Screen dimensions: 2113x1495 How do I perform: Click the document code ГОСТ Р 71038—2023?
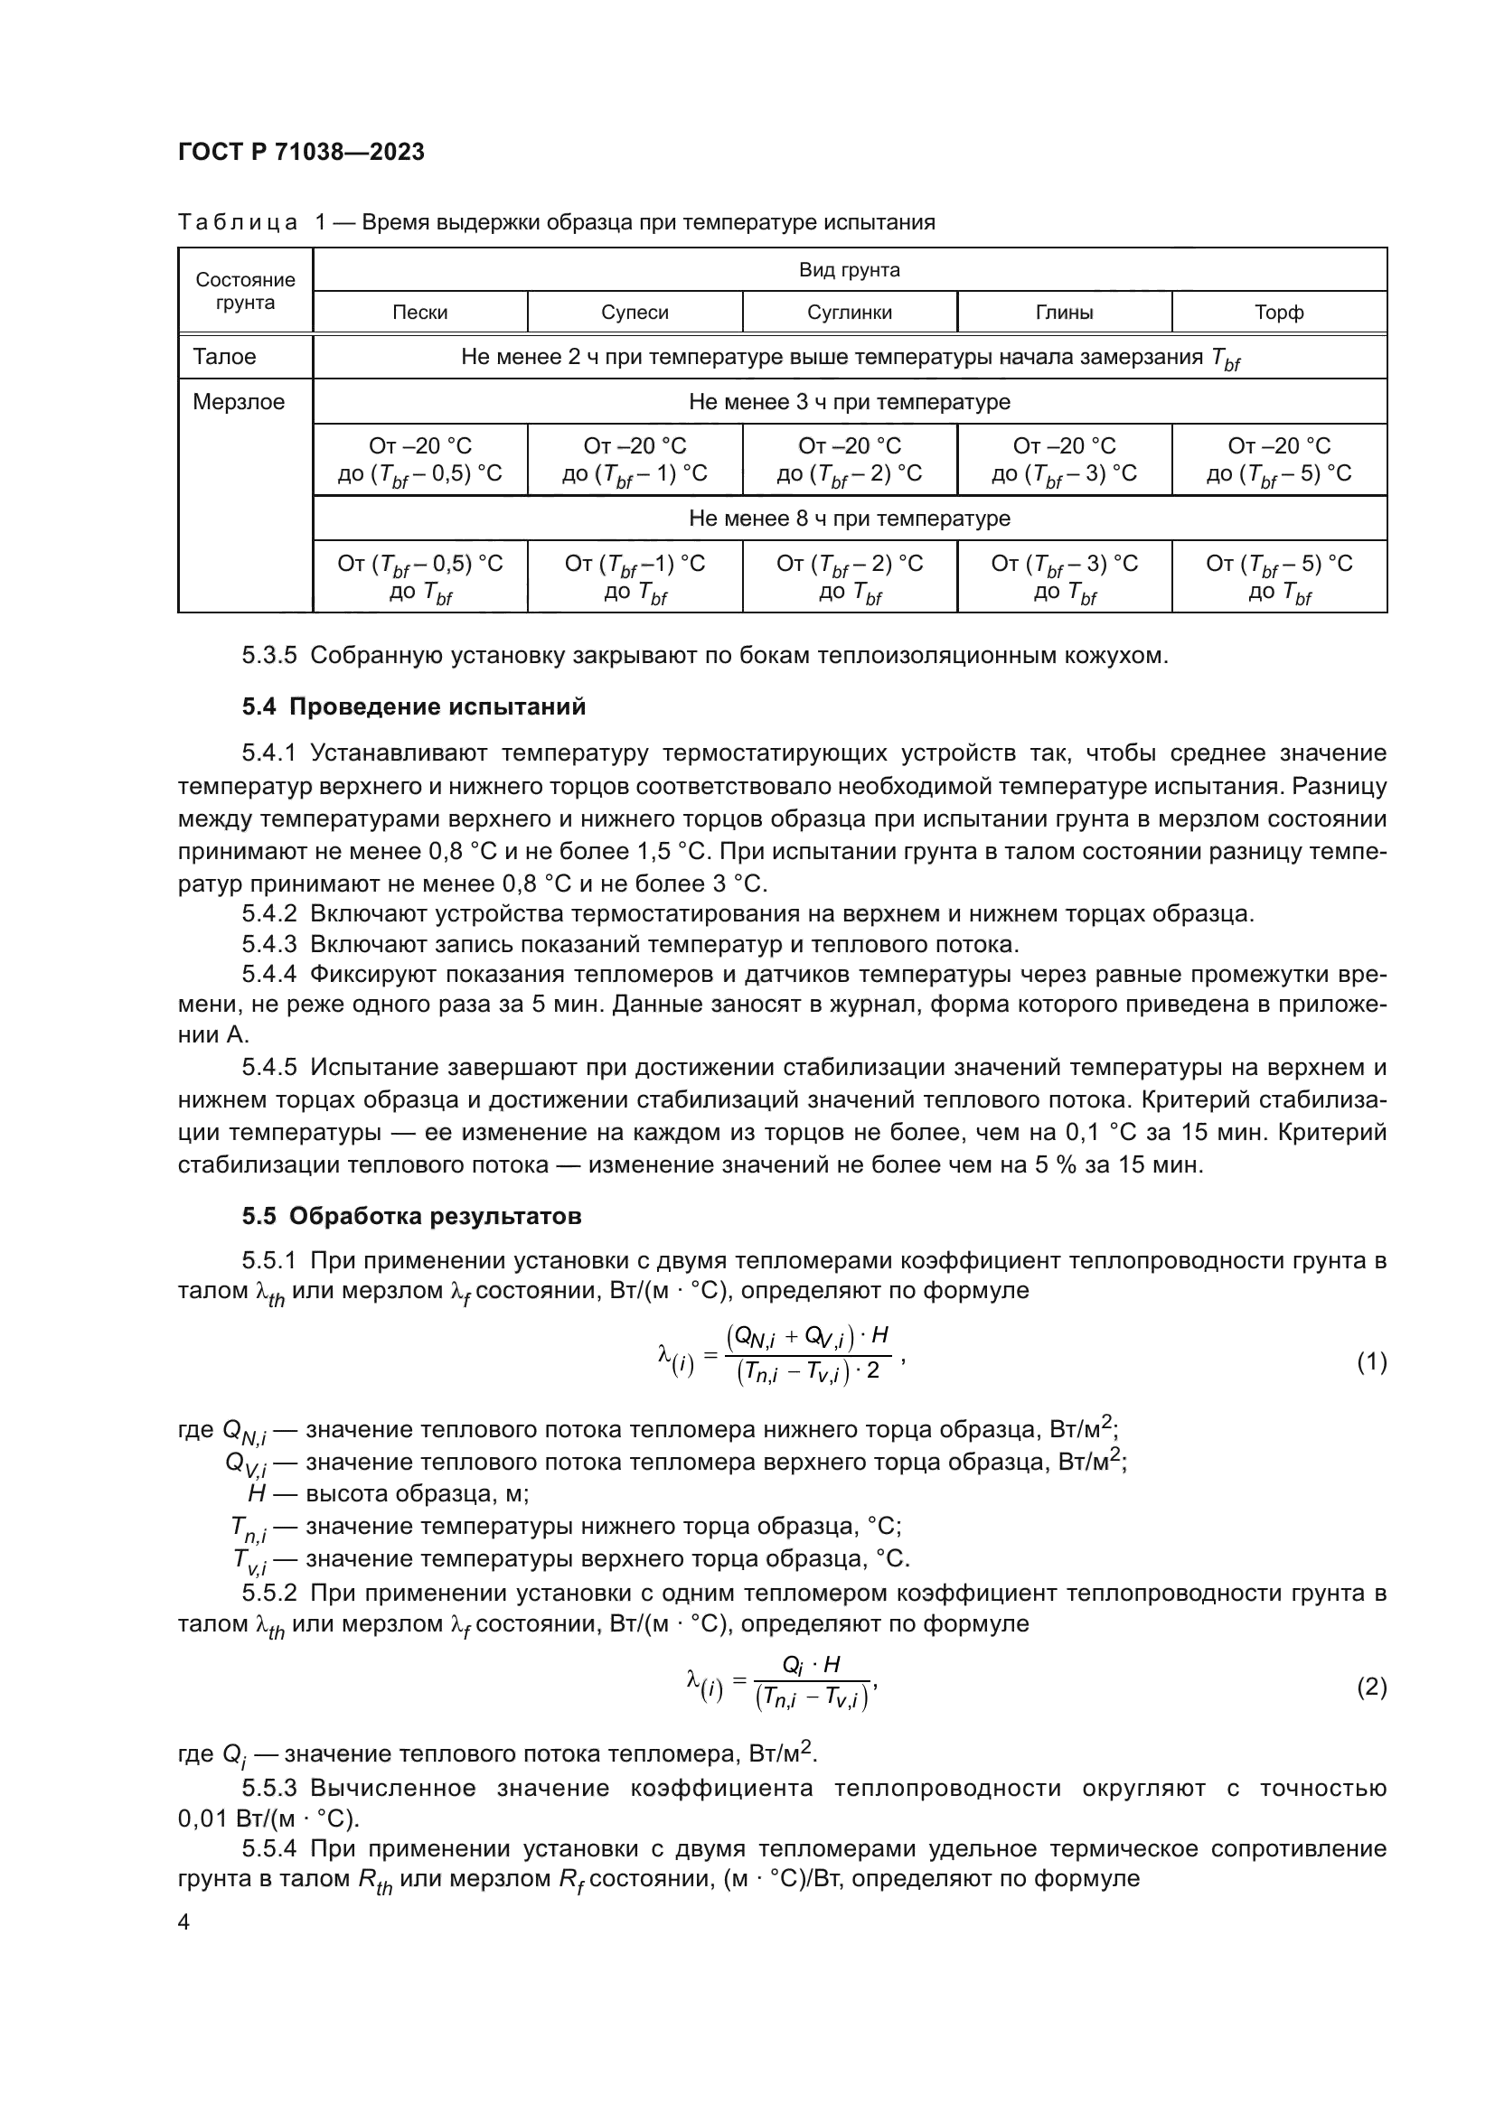[301, 152]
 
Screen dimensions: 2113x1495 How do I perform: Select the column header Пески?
[419, 312]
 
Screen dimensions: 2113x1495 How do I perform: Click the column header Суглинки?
[849, 312]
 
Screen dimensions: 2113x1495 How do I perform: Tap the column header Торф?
[1279, 312]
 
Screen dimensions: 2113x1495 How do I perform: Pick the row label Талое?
[225, 357]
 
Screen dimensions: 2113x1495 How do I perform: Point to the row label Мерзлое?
[239, 402]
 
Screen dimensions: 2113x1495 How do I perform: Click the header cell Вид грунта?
[849, 269]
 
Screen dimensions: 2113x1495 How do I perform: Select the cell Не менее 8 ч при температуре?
[849, 519]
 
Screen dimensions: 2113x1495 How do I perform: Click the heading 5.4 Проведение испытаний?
[413, 706]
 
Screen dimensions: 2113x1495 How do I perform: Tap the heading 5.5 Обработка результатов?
[411, 1216]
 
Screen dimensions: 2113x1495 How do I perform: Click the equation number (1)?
[1371, 1361]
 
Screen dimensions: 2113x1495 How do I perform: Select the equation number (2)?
[1371, 1687]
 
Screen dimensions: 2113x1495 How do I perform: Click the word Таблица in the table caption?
[238, 223]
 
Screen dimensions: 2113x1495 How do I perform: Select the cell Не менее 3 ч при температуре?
[849, 402]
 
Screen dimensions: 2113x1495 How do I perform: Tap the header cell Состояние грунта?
[245, 291]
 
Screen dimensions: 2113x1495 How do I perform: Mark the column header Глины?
[1064, 312]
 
